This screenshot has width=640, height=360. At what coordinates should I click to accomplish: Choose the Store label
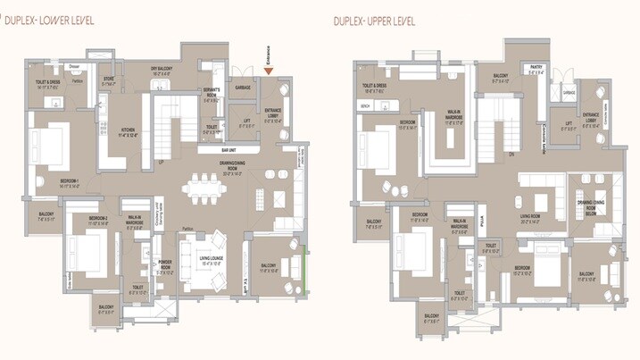point(109,80)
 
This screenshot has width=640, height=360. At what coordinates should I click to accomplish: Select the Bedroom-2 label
point(98,220)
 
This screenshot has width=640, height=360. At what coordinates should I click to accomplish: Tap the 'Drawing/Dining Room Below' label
point(586,207)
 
